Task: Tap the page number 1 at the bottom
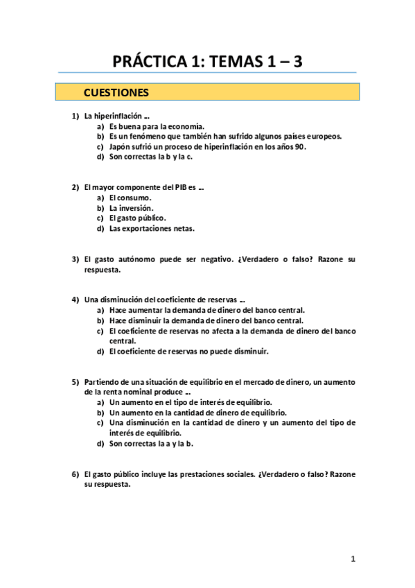353,559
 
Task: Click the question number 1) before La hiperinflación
76,116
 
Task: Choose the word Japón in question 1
120,146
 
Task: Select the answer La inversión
131,208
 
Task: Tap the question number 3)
76,259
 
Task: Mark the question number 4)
76,300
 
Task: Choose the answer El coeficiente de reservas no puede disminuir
188,352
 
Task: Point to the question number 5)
76,382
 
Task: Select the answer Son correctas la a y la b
151,444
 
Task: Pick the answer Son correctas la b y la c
150,157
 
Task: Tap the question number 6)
76,474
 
